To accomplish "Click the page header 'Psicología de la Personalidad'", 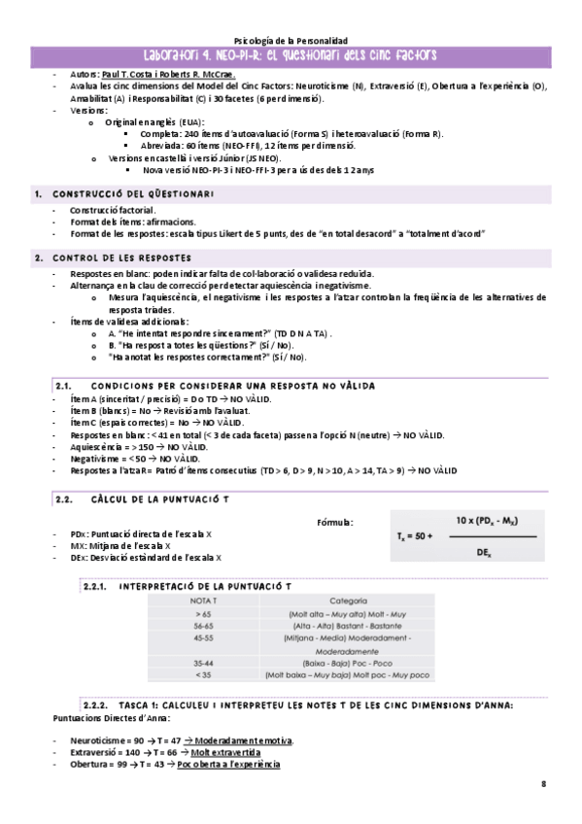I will coord(291,33).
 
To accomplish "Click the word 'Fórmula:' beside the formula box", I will coord(335,522).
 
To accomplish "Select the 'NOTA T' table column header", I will coord(202,601).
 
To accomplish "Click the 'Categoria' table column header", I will coord(348,601).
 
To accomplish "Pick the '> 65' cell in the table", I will coord(202,614).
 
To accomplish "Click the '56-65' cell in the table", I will coord(202,627).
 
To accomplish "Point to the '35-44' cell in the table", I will coord(202,662).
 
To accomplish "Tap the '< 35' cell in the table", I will coord(202,673).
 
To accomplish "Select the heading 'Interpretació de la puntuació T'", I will coord(202,587).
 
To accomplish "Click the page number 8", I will coord(545,783).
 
